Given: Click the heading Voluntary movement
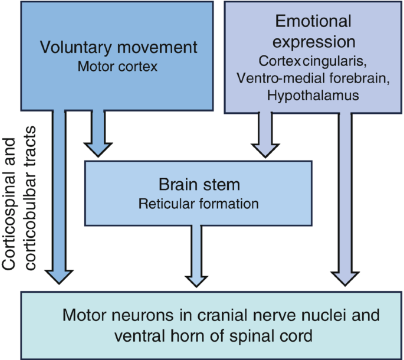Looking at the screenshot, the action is (x=119, y=48).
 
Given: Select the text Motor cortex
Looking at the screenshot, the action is (x=117, y=67).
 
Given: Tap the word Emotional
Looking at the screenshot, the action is (x=313, y=21).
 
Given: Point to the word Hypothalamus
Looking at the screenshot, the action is (x=313, y=96).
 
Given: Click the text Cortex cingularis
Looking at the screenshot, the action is (x=313, y=61).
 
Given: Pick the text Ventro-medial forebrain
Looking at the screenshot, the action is (x=313, y=78).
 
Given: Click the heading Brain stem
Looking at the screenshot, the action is (x=199, y=185).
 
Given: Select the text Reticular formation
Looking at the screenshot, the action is (x=199, y=204).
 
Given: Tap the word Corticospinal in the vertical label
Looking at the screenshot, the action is (x=9, y=204).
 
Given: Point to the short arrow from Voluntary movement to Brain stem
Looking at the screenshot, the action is (x=98, y=133).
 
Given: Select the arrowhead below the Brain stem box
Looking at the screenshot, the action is (x=196, y=282).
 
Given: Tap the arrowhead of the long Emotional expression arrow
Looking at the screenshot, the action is (x=345, y=279).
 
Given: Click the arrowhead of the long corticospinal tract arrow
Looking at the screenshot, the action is (x=59, y=277).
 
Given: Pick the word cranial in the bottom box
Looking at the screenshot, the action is (x=224, y=315).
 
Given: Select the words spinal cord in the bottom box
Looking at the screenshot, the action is (x=271, y=336).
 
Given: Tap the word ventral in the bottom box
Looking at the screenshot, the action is (x=139, y=336).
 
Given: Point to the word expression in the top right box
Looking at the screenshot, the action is (x=314, y=42).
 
